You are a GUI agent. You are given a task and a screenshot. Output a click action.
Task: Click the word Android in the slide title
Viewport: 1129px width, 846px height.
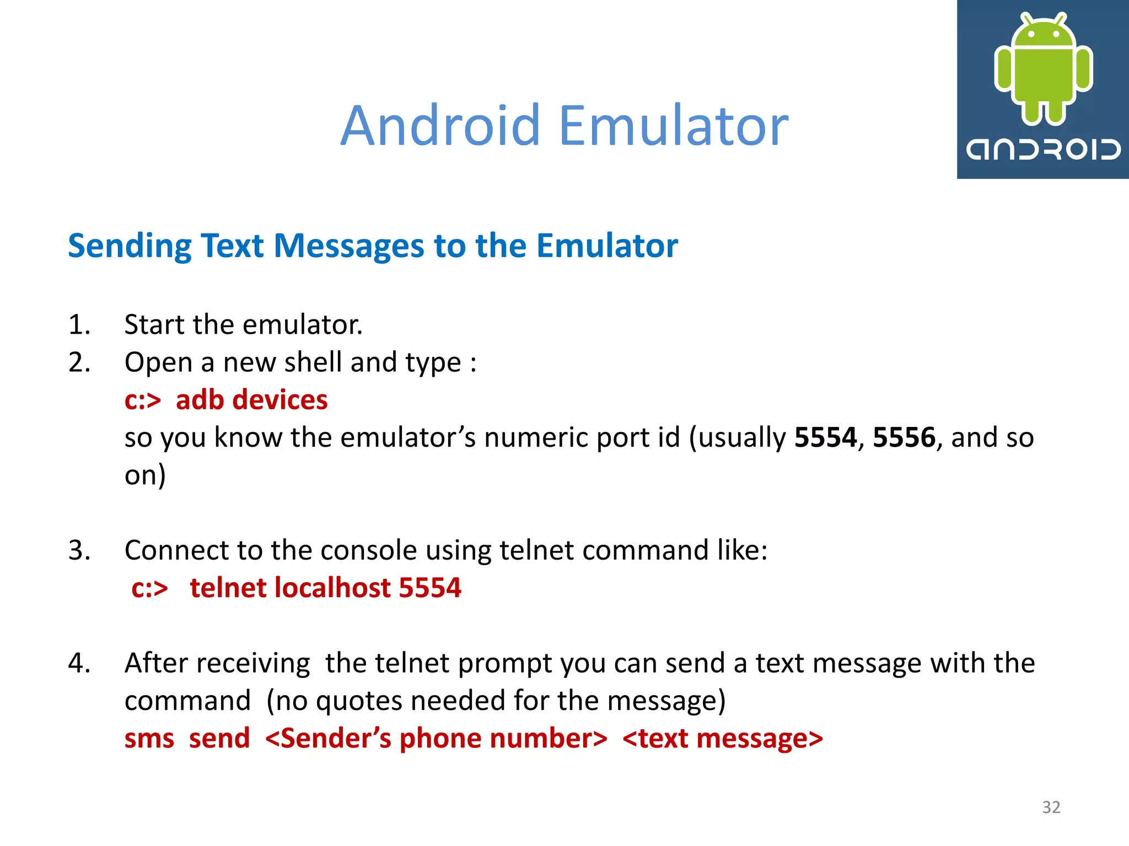click(x=440, y=126)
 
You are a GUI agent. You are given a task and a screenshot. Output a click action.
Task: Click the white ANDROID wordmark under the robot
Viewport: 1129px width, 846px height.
click(x=1043, y=149)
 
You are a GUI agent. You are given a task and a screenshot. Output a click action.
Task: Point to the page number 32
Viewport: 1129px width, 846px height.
click(x=1051, y=807)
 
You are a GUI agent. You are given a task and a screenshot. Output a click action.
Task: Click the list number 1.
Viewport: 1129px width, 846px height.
click(x=79, y=324)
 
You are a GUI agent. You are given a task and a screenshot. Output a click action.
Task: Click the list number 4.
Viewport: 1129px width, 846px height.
click(x=79, y=663)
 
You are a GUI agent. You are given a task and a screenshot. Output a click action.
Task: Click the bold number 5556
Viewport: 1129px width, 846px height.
click(x=904, y=438)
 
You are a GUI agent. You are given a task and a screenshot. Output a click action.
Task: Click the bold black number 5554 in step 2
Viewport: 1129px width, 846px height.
click(x=825, y=438)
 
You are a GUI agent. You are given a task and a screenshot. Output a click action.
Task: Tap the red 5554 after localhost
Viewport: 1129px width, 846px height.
click(x=430, y=588)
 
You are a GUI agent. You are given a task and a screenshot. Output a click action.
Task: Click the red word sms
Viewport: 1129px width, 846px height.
click(x=149, y=739)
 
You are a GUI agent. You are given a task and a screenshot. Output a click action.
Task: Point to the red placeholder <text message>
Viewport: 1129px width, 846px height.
click(x=722, y=739)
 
